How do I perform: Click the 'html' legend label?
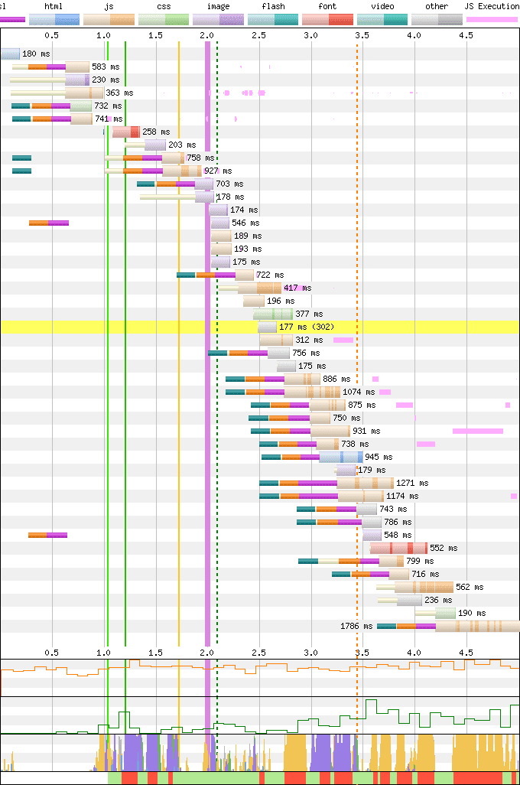pyautogui.click(x=54, y=6)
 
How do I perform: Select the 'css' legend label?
pyautogui.click(x=164, y=6)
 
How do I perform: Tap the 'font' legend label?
pyautogui.click(x=327, y=6)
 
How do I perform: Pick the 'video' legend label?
pyautogui.click(x=382, y=6)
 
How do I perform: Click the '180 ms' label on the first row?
pyautogui.click(x=34, y=54)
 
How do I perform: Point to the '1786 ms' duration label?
pyautogui.click(x=356, y=627)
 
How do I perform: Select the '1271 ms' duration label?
pyautogui.click(x=412, y=484)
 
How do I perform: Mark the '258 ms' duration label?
pyautogui.click(x=155, y=132)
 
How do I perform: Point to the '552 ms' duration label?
pyautogui.click(x=443, y=549)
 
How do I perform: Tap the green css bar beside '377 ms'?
pyautogui.click(x=273, y=314)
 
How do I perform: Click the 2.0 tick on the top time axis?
pyautogui.click(x=207, y=35)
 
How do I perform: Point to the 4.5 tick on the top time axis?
pyautogui.click(x=465, y=35)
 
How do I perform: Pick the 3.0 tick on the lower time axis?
pyautogui.click(x=310, y=653)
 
